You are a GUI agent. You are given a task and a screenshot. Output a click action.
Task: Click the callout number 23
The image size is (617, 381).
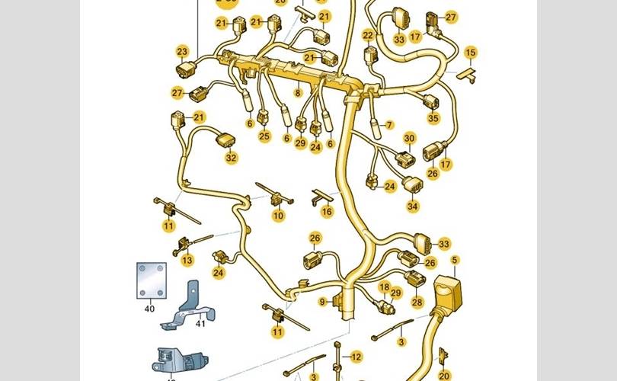point(182,52)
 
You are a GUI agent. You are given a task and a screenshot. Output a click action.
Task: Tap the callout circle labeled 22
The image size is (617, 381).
point(368,35)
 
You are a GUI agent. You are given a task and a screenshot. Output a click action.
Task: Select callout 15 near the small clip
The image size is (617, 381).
point(471,53)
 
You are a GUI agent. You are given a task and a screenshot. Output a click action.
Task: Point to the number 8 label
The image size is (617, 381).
point(298,92)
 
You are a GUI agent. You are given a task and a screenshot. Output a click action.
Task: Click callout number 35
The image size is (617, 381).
point(433,118)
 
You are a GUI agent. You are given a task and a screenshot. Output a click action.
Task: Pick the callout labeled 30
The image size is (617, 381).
point(409,138)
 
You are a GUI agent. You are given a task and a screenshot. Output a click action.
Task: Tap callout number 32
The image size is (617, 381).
point(231,158)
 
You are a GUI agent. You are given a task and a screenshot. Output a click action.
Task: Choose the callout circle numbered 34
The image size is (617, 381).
point(412,205)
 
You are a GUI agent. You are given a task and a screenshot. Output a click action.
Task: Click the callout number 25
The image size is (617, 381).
point(264,136)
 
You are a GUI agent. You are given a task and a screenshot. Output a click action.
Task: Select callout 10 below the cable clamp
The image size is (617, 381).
point(278,216)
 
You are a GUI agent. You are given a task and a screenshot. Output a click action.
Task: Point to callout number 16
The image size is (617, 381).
point(327,211)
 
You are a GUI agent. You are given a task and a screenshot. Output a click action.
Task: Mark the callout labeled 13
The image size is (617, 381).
point(187,260)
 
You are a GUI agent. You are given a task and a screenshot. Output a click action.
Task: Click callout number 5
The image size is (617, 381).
point(455,261)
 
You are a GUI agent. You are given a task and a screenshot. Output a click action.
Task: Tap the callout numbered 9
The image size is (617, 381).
point(322,303)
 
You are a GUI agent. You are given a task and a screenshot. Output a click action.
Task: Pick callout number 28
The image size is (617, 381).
point(417,302)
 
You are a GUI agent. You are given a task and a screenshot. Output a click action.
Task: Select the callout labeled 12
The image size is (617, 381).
point(356,356)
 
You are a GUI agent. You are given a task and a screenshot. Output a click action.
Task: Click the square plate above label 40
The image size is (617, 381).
point(151,281)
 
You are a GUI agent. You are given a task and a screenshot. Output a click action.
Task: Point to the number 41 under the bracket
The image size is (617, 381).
point(200,324)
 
